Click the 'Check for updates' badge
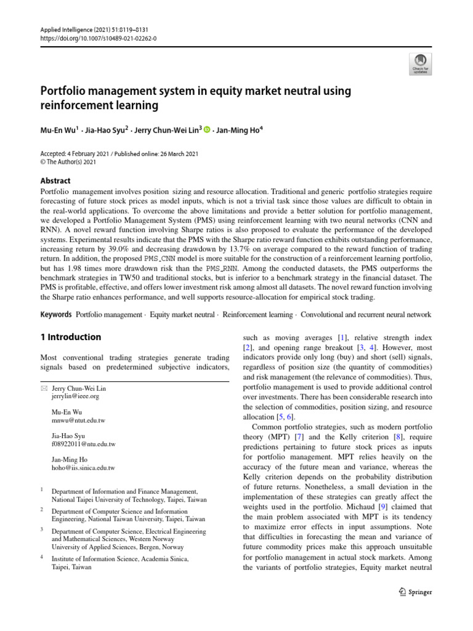coord(421,62)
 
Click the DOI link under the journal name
coord(99,38)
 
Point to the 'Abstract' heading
coord(55,181)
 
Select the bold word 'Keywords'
coord(56,315)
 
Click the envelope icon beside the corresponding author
coord(43,389)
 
